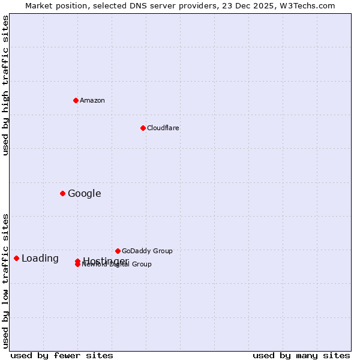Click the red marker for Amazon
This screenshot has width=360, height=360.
tap(76, 100)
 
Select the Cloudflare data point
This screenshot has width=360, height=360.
tap(143, 128)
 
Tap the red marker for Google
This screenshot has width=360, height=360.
tap(62, 193)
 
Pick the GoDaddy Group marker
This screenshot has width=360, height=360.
tap(118, 251)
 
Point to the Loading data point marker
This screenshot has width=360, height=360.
tap(16, 258)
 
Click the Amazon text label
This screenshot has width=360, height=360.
tap(92, 100)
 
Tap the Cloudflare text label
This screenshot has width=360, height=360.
tap(163, 128)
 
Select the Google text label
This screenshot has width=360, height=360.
tap(85, 193)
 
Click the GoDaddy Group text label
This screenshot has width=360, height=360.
tap(147, 251)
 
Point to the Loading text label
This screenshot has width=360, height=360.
tap(40, 259)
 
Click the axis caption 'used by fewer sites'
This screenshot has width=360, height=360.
tap(62, 355)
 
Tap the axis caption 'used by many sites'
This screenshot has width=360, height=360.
tap(301, 355)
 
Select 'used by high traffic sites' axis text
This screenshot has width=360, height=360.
tap(5, 85)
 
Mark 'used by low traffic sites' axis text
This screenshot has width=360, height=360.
tap(5, 281)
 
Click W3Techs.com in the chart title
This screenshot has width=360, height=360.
tap(309, 5)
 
